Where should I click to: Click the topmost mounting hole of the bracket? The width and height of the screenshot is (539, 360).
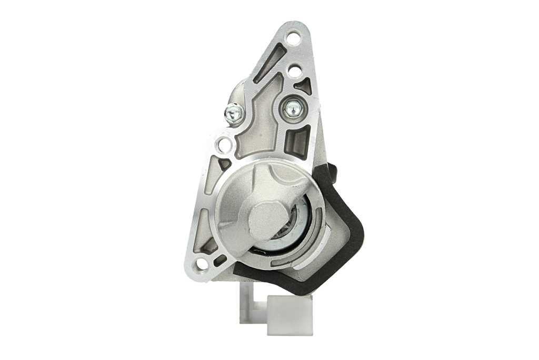pos(293,37)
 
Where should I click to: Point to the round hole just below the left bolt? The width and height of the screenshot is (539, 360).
pos(224,144)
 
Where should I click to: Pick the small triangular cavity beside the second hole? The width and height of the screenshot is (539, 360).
pos(304,86)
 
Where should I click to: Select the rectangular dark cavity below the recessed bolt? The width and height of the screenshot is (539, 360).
pos(298,141)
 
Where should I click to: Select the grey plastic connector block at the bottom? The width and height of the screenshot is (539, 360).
pos(289,314)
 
